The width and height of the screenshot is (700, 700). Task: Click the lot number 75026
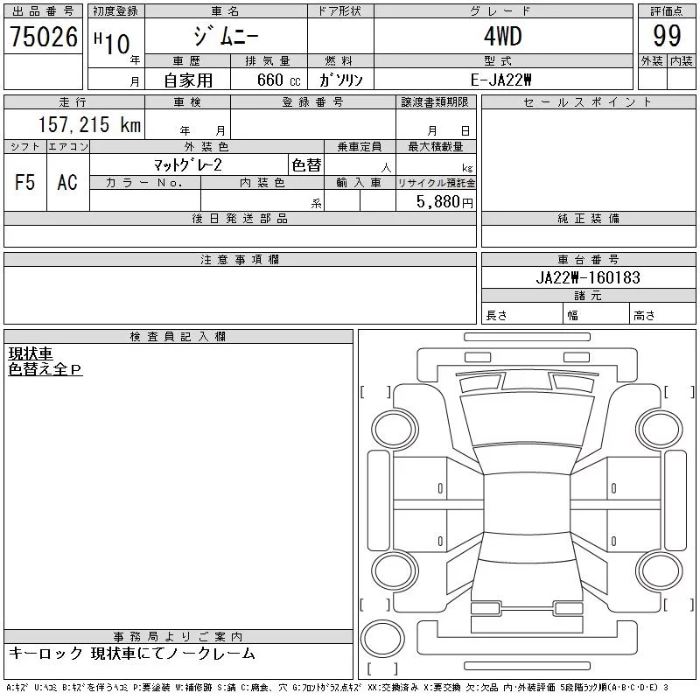coord(44,37)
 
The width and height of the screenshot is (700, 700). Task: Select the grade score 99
coord(667,36)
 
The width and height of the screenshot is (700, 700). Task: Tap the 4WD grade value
coord(502,36)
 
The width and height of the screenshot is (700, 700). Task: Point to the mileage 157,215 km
coord(89,124)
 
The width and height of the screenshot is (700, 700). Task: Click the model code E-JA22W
coord(500,80)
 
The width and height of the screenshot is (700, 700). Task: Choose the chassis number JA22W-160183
coord(588,277)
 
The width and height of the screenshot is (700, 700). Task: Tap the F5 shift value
coord(25,182)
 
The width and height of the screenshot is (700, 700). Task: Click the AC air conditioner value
coord(67,182)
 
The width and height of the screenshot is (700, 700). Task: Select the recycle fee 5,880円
coord(444,202)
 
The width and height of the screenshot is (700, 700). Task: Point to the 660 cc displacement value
coord(278,80)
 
